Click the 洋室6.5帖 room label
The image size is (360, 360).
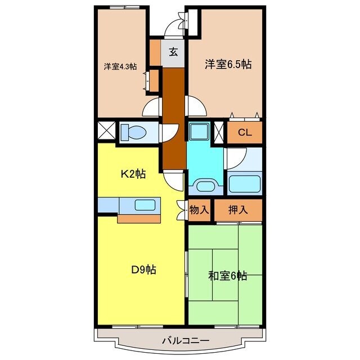227,65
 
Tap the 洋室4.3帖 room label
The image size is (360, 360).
120,66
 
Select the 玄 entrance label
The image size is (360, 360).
173,53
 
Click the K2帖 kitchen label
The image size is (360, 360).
134,174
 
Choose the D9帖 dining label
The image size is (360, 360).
143,270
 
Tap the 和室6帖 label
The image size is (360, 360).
227,276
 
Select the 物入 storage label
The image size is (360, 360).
200,210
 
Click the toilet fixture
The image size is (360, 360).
133,133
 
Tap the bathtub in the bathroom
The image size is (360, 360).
244,183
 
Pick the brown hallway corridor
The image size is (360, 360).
173,118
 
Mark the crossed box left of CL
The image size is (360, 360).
219,132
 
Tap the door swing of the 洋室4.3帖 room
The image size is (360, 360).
152,107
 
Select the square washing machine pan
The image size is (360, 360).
198,132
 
